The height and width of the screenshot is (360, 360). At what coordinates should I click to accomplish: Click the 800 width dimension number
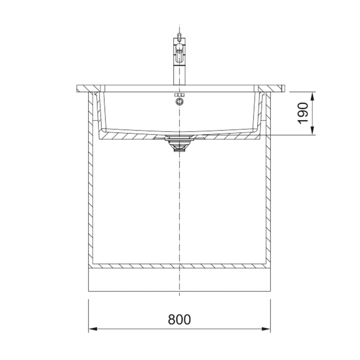[x=179, y=319]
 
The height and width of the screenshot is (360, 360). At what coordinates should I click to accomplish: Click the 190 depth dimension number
[x=303, y=113]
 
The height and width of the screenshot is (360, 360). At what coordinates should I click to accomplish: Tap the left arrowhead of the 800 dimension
[x=93, y=329]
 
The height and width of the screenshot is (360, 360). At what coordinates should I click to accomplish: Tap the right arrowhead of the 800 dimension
[x=266, y=329]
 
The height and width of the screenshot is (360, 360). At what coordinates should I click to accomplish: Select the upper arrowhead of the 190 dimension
[x=312, y=96]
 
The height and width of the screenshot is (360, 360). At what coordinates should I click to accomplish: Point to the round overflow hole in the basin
[x=179, y=101]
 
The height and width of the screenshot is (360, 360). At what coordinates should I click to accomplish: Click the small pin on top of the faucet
[x=179, y=36]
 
